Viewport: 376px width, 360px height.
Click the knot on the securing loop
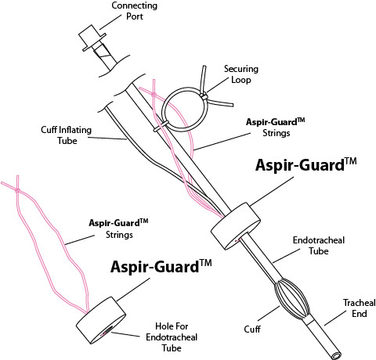(205, 96)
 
